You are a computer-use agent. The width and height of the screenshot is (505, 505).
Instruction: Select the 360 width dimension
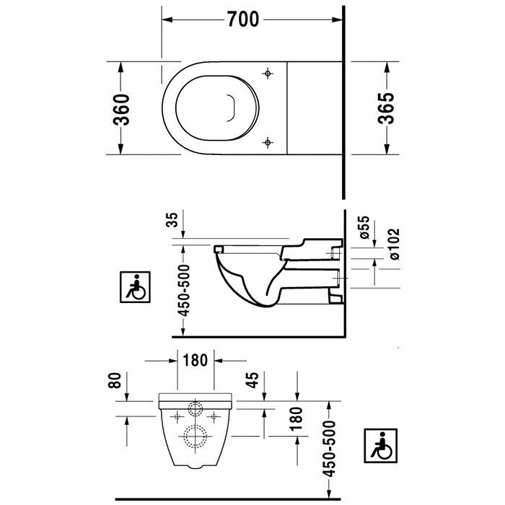coord(122,108)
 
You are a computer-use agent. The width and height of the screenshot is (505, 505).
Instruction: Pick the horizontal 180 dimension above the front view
coord(197,359)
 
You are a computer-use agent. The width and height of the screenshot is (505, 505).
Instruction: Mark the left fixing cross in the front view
coord(176,416)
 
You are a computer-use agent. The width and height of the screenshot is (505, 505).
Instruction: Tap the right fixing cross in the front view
coord(215,416)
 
